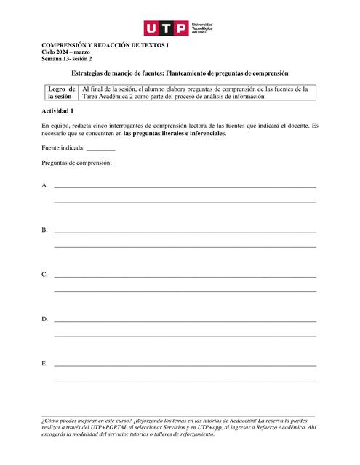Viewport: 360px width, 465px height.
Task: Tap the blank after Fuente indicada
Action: click(x=100, y=149)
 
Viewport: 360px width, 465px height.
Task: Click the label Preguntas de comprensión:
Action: click(x=76, y=163)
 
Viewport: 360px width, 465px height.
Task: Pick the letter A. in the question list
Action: click(x=45, y=185)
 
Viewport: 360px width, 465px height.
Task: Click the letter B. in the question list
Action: click(x=45, y=230)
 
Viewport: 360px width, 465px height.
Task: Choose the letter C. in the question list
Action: click(x=45, y=274)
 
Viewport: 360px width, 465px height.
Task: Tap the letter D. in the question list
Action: click(x=45, y=318)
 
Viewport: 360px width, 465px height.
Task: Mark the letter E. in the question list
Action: click(x=45, y=363)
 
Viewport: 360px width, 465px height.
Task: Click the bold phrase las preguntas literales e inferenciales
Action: click(x=175, y=134)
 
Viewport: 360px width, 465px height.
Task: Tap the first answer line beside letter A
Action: click(x=185, y=187)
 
